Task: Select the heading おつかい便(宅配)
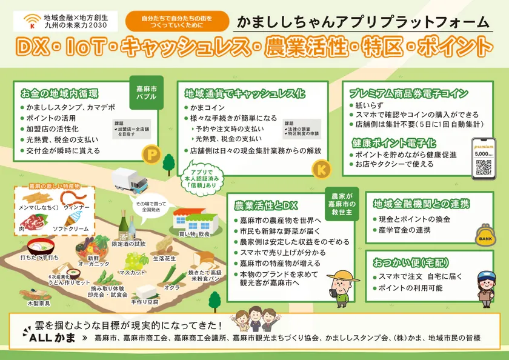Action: coord(402,262)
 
